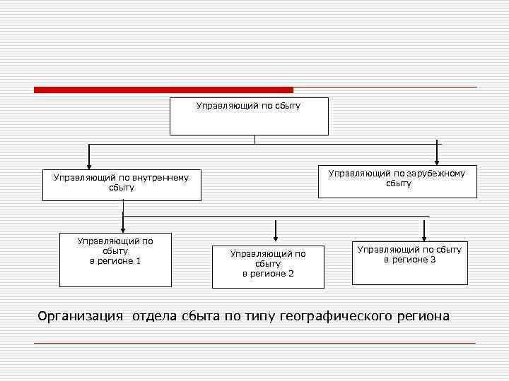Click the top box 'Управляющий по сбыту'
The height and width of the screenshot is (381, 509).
(x=249, y=116)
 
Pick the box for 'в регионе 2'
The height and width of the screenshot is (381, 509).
(x=268, y=267)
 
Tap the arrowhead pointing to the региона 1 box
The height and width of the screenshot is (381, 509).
(x=123, y=227)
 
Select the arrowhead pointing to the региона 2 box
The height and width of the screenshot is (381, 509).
(x=276, y=235)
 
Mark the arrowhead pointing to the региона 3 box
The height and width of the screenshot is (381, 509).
(x=424, y=236)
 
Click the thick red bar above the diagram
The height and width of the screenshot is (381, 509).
(x=163, y=90)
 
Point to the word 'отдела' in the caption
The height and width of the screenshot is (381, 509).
(x=153, y=316)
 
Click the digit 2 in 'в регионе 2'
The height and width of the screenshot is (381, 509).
(x=291, y=274)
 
